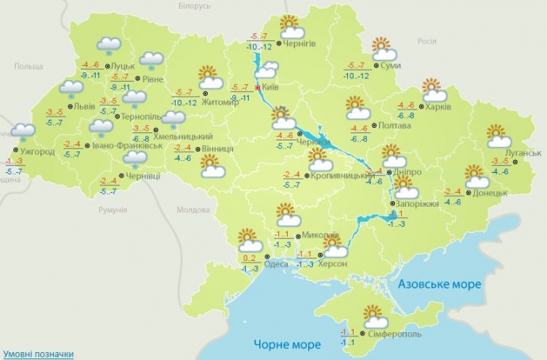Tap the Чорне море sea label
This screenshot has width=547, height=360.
pyautogui.click(x=287, y=344)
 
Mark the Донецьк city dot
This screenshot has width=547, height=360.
pyautogui.click(x=467, y=193)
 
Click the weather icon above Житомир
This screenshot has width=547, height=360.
pyautogui.click(x=209, y=77)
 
